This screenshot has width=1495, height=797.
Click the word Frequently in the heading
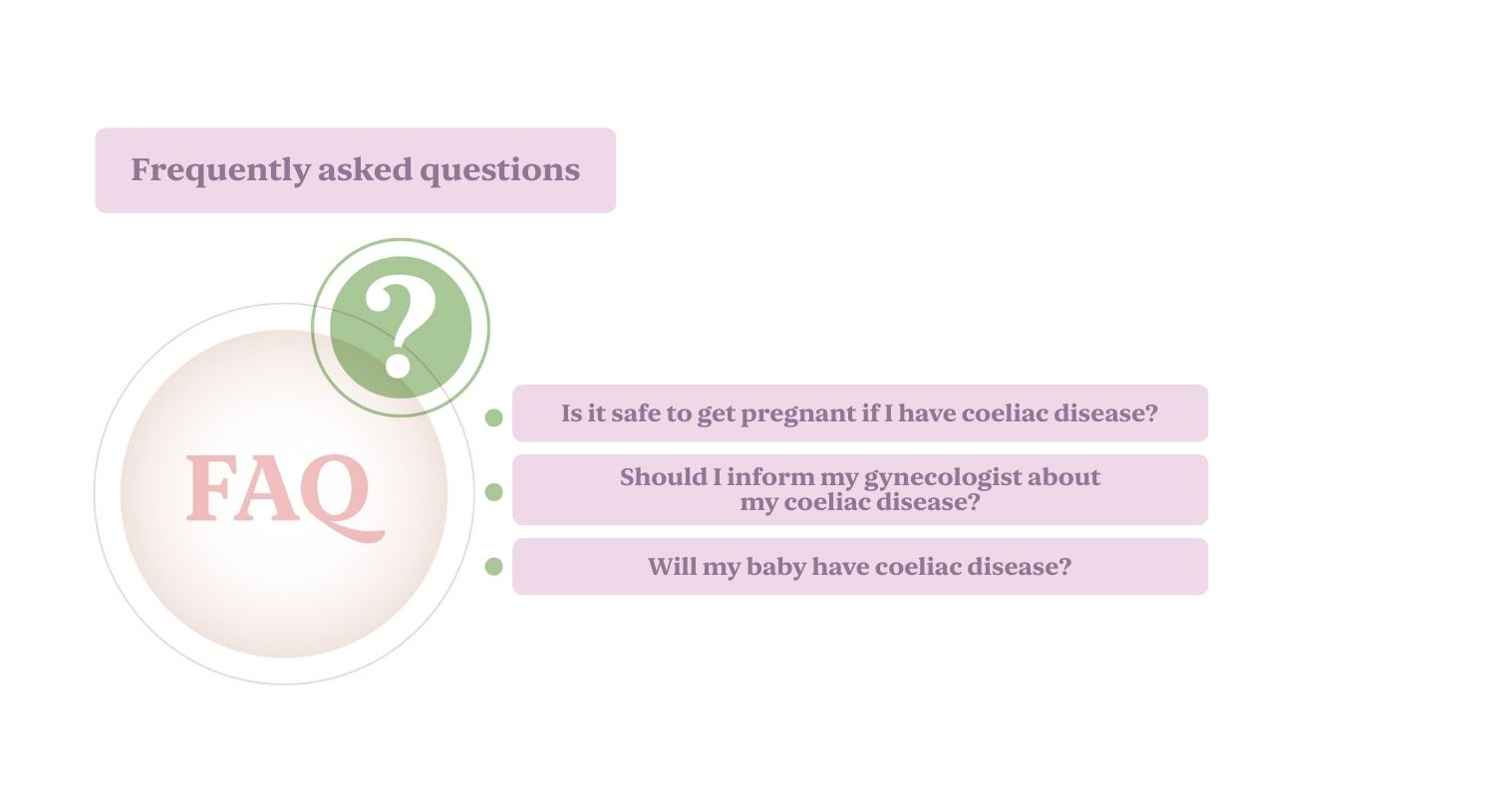click(220, 170)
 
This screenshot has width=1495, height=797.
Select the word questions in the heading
click(500, 170)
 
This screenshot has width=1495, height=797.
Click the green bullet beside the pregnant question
click(494, 417)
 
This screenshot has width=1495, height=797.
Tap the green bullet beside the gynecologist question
click(494, 492)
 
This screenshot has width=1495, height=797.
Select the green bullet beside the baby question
click(494, 566)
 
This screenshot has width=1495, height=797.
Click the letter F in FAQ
click(208, 488)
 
